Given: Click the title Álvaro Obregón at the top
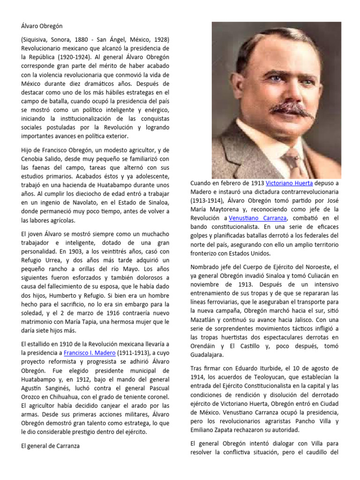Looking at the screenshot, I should [x=42, y=26].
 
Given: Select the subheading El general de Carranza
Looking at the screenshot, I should [x=50, y=446].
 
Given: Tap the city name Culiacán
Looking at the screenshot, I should [x=317, y=276].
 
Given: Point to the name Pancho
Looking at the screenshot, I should [x=303, y=421].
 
